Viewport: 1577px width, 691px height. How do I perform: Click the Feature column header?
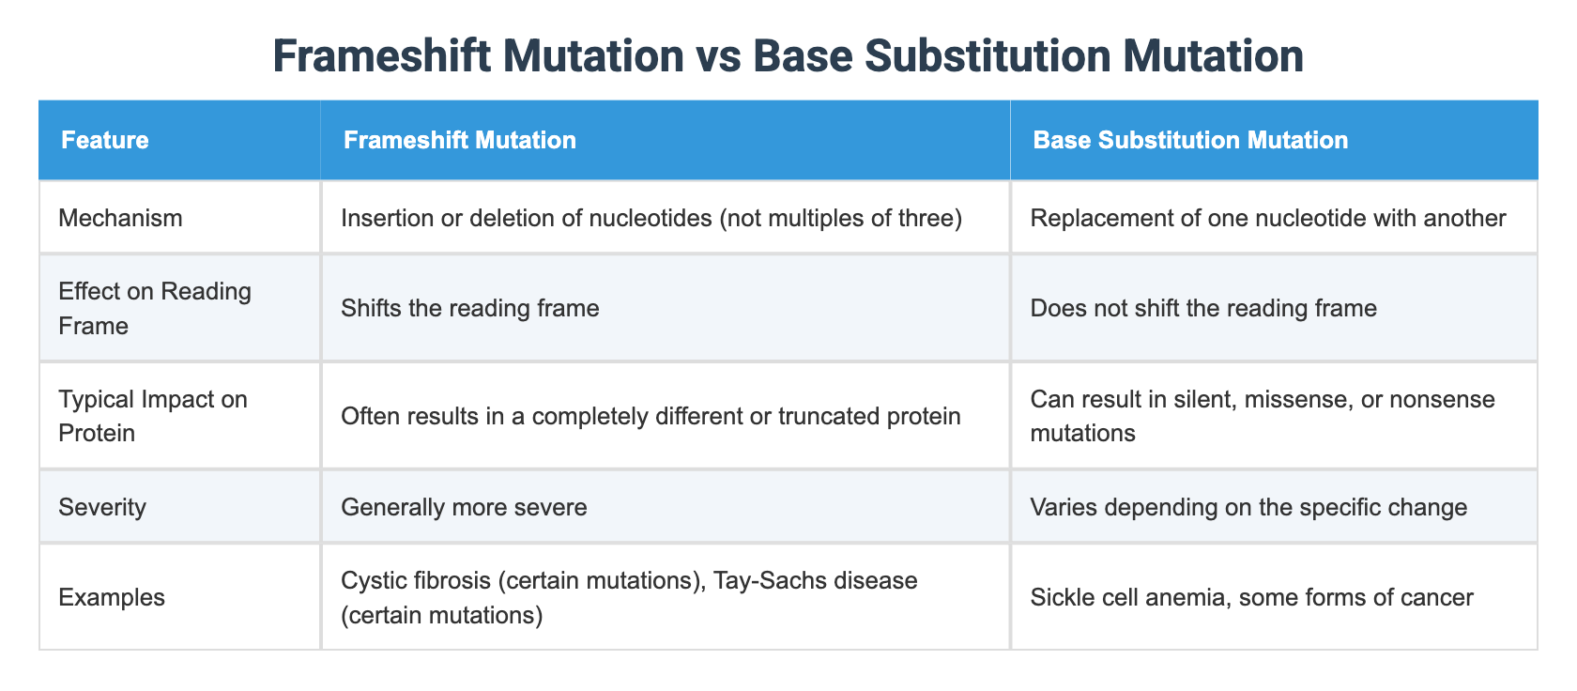(x=105, y=141)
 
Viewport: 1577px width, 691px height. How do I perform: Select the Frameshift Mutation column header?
(x=460, y=141)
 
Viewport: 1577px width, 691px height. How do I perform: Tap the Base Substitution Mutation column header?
(x=1190, y=141)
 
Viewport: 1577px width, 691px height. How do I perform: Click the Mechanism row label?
(x=120, y=219)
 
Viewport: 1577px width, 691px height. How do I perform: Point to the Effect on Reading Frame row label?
(x=155, y=308)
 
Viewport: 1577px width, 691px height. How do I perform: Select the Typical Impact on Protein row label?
(x=151, y=416)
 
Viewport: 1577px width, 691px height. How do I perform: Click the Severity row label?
(x=102, y=508)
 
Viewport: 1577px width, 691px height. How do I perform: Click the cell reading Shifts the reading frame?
(x=470, y=309)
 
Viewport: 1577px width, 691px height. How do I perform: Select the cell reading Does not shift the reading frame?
(x=1203, y=309)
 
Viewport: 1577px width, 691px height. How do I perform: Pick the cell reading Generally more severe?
(x=464, y=508)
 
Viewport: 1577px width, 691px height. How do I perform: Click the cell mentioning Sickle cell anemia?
(x=1251, y=598)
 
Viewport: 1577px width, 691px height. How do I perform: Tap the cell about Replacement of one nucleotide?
(x=1268, y=219)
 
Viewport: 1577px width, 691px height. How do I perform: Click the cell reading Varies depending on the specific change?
(x=1248, y=508)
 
